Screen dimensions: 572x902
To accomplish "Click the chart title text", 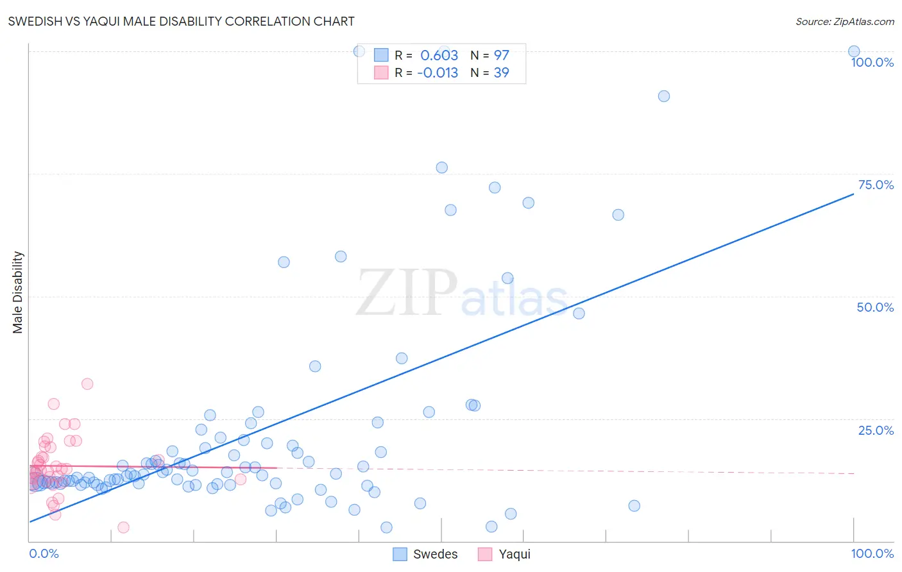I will point(181,21).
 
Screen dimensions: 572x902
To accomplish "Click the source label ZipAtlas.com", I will point(844,21).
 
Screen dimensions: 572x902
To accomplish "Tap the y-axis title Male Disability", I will point(18,292).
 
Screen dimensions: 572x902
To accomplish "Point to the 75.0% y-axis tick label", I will point(876,185).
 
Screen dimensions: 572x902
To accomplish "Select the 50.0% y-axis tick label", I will point(875,307).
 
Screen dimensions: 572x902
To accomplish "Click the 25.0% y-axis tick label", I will point(876,430).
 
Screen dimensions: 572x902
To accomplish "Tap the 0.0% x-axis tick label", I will point(44,553).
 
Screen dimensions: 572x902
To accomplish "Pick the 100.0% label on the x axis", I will point(872,553).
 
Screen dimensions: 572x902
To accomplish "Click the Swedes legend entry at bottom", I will point(426,554).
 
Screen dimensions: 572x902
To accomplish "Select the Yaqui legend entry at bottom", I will point(505,554).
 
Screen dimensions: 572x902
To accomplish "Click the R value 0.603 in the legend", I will point(439,55).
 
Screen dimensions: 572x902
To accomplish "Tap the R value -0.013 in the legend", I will point(438,72).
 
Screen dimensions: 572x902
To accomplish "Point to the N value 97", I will point(501,55).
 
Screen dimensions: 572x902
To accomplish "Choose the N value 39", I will point(501,72).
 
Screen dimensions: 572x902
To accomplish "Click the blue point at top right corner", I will point(854,51).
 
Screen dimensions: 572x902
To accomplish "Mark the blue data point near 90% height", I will point(664,96).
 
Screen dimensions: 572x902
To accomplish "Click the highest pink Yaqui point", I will point(87,384).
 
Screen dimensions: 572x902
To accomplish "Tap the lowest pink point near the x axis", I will point(123,527).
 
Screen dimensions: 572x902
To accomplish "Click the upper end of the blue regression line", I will point(853,194).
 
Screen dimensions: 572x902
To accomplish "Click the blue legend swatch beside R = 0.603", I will point(381,55).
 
